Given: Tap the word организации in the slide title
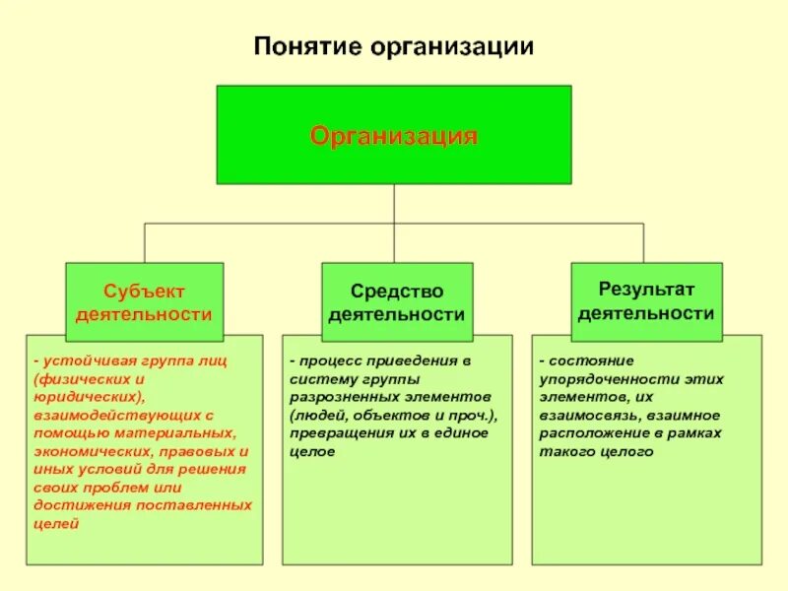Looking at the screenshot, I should (452, 46).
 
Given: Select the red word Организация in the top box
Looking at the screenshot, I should (394, 135).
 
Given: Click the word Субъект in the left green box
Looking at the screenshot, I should (145, 292).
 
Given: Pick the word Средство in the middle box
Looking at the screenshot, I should (397, 292).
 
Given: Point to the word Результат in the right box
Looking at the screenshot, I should (646, 289).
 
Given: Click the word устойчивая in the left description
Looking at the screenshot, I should (80, 360).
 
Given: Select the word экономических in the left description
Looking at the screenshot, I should (85, 451).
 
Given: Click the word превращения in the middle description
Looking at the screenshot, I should (334, 432).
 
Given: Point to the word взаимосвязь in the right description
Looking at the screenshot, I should (582, 415).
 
